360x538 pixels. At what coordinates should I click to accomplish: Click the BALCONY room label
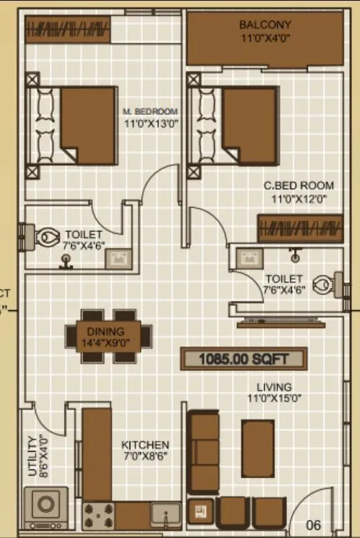coord(265,25)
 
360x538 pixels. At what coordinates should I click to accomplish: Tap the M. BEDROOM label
coord(150,111)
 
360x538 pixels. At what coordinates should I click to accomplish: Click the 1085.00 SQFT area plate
coord(244,358)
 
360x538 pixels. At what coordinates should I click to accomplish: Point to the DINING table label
coord(108,331)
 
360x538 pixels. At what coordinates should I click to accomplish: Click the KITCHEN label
coord(145,445)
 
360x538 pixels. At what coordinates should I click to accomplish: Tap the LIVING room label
coord(274,387)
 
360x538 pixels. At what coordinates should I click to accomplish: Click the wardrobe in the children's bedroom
coord(299,228)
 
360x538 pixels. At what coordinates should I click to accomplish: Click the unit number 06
coord(313,525)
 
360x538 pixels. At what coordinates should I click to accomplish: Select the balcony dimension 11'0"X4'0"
coord(265,39)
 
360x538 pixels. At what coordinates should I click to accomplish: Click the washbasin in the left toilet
coord(118,259)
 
